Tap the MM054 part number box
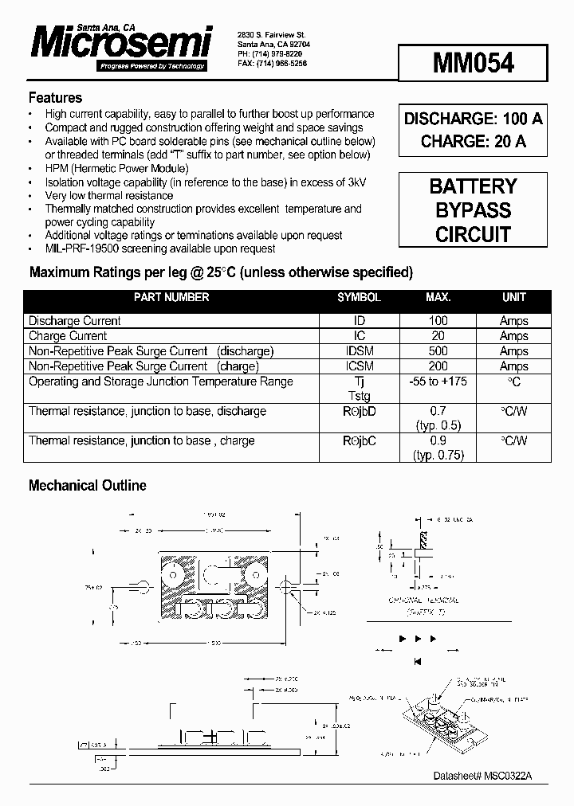click(x=474, y=63)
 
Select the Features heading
click(x=55, y=98)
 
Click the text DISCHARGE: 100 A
click(x=474, y=119)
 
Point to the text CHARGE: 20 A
click(x=474, y=142)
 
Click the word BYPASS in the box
click(x=474, y=211)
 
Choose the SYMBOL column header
click(x=359, y=297)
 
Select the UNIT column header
click(x=513, y=297)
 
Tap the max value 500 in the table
click(x=438, y=351)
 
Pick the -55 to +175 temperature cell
click(x=438, y=381)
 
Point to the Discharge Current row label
click(x=75, y=321)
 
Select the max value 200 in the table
click(x=438, y=366)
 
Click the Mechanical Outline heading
click(x=88, y=485)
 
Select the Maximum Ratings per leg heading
click(x=221, y=272)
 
